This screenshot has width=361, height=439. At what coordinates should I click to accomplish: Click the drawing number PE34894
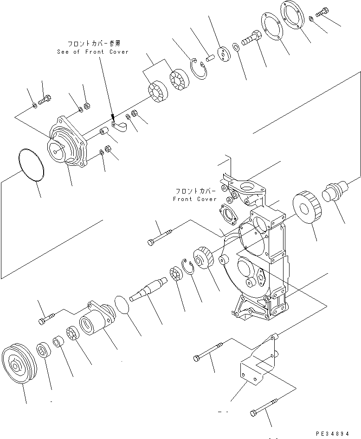pyautogui.click(x=333, y=433)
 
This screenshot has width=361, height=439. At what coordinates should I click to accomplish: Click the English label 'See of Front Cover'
pyautogui.click(x=93, y=52)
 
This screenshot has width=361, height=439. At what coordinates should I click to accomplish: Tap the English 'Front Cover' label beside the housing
pyautogui.click(x=195, y=199)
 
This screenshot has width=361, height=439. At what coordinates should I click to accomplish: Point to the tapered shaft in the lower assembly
pyautogui.click(x=148, y=288)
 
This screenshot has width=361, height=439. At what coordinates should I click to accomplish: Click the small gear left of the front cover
pyautogui.click(x=203, y=257)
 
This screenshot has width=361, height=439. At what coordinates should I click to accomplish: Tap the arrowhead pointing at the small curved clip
pyautogui.click(x=113, y=118)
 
